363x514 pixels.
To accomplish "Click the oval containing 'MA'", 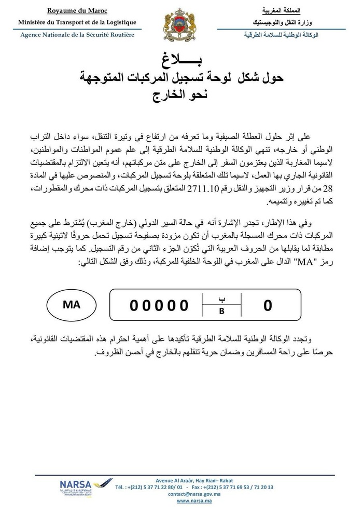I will click(72, 305).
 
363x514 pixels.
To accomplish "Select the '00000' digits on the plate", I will click(159, 305).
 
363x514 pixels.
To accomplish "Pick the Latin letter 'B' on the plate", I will click(221, 312).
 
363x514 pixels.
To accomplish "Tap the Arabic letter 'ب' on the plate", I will click(221, 299).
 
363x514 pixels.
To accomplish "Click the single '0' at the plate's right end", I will click(268, 305).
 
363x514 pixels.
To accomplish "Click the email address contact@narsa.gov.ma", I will click(193, 494).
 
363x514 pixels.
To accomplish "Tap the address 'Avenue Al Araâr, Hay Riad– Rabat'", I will click(193, 480).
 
